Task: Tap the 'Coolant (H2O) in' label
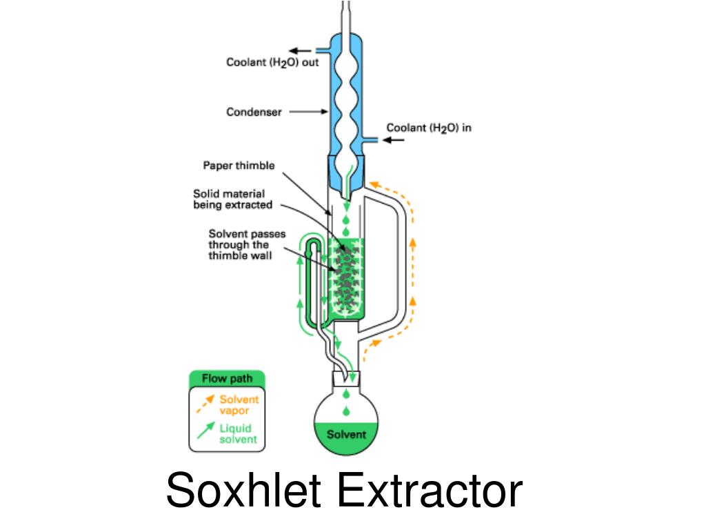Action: [x=429, y=128]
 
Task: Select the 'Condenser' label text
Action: [x=254, y=112]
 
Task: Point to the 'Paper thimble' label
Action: [x=239, y=166]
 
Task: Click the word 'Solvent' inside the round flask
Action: [x=346, y=435]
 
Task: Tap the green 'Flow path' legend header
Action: [x=227, y=379]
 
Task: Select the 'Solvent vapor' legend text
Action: [x=239, y=405]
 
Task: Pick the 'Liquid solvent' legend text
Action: [x=238, y=433]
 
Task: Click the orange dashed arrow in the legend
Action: [x=205, y=404]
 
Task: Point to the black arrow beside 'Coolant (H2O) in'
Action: [x=394, y=140]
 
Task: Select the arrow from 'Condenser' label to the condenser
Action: [x=306, y=112]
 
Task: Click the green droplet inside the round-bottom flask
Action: [x=346, y=411]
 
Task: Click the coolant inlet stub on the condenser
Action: [x=371, y=140]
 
